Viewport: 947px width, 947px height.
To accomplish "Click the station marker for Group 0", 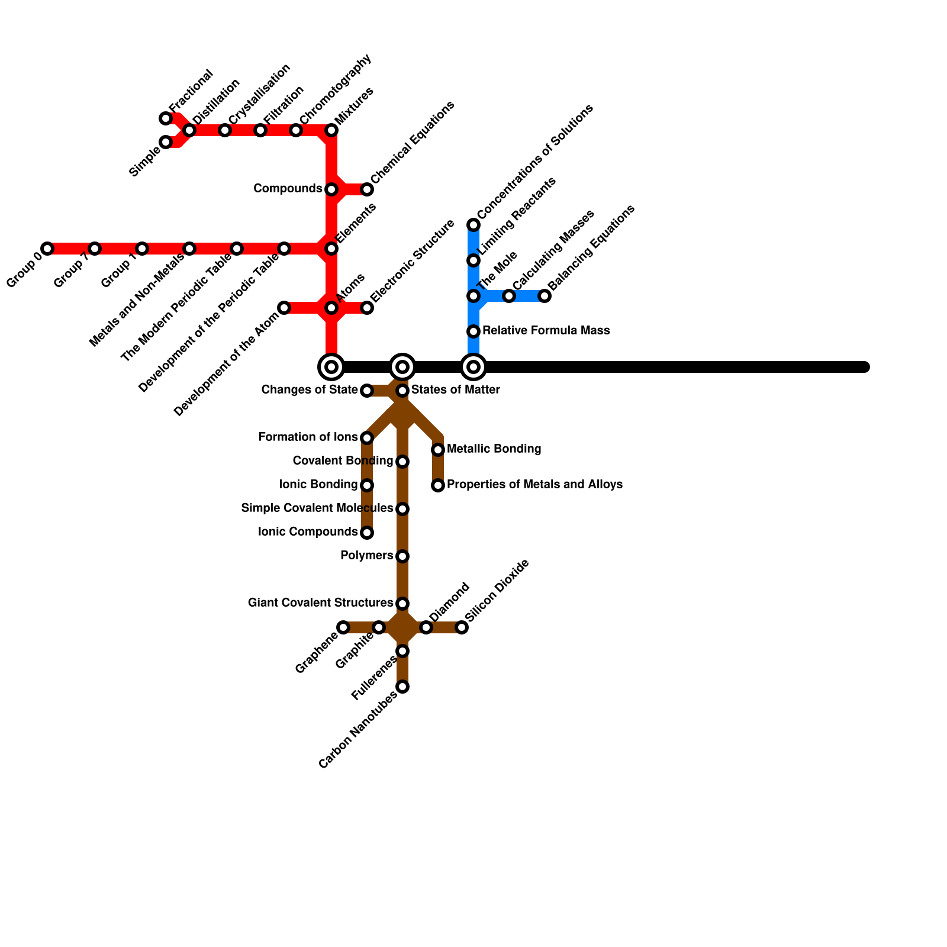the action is [x=47, y=249].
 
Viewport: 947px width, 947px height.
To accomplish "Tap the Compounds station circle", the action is [x=331, y=189].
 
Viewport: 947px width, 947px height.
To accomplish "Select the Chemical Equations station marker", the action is [x=367, y=189].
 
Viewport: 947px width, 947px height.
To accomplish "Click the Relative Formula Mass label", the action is [x=546, y=330].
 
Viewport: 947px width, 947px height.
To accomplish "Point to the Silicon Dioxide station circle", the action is [x=462, y=627].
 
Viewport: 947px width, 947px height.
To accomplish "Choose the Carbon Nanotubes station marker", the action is [x=402, y=687].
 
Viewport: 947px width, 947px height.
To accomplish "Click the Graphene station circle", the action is [x=343, y=627].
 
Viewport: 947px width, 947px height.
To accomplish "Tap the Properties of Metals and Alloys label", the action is [x=534, y=484].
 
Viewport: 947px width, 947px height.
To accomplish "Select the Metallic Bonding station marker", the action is [x=438, y=450].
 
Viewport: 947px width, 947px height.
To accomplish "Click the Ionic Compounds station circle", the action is [x=367, y=533].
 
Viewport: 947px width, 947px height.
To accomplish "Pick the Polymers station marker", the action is [x=402, y=556].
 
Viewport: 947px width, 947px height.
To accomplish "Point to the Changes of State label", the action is [x=310, y=389].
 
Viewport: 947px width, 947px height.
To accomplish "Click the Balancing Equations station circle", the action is [x=545, y=296].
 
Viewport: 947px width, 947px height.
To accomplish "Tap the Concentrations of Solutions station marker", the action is [x=474, y=225].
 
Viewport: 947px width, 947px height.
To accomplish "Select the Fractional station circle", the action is [x=166, y=118].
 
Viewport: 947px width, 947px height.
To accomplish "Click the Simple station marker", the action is [x=166, y=142].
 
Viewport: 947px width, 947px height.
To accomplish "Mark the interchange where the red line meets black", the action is [x=331, y=367].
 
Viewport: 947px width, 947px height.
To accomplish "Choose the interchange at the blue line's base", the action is [x=474, y=367].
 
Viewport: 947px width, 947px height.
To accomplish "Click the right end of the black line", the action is [x=865, y=367].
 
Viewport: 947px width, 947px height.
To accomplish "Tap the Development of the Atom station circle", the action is [x=284, y=308].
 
